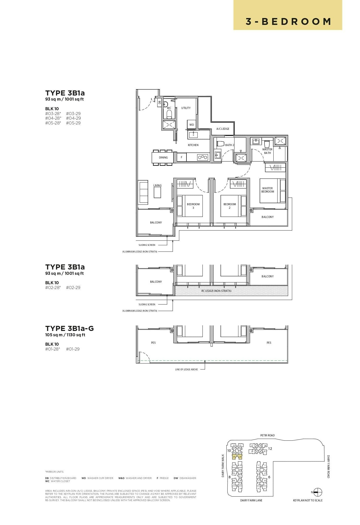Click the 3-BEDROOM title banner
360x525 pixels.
[x=288, y=22]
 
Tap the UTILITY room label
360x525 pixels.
[x=186, y=108]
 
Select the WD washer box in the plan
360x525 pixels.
[x=192, y=125]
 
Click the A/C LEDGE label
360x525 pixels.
[x=223, y=129]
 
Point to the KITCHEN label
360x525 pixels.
[x=193, y=145]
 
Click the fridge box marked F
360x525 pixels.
[x=181, y=157]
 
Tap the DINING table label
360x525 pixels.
[x=163, y=157]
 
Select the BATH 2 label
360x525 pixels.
[x=229, y=145]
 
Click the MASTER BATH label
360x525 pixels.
[x=267, y=151]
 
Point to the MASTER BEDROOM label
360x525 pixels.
[x=268, y=190]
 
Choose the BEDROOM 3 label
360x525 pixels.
[x=193, y=206]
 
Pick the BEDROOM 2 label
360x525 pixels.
[x=230, y=206]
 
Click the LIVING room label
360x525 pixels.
[x=157, y=185]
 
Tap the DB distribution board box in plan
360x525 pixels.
[x=160, y=102]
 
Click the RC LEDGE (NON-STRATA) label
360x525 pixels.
[x=216, y=291]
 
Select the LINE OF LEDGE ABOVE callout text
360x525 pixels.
[x=186, y=369]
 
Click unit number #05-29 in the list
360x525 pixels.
[x=73, y=123]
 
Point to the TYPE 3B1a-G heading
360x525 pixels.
[x=69, y=328]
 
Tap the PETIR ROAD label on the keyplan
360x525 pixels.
[x=267, y=435]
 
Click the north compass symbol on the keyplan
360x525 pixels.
[x=318, y=492]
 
